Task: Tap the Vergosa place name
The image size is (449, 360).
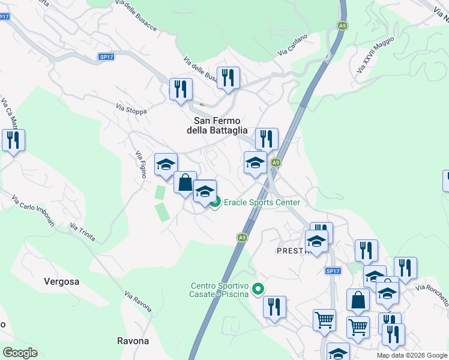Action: tap(61, 281)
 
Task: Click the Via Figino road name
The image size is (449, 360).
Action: tap(139, 163)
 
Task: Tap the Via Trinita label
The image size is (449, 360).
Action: tap(82, 232)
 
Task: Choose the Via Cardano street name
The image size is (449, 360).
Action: tap(292, 45)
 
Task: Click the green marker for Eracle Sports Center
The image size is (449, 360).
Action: tap(216, 202)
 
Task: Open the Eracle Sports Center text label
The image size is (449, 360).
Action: tap(262, 203)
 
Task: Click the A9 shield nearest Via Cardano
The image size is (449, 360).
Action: tap(342, 26)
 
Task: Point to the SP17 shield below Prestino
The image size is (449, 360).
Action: tap(333, 271)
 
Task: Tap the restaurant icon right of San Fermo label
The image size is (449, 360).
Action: tap(266, 138)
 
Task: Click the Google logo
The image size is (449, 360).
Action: tap(20, 353)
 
